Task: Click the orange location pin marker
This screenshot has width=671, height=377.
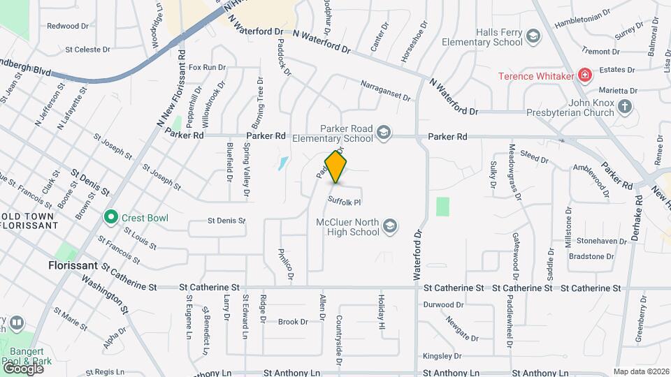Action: click(x=336, y=167)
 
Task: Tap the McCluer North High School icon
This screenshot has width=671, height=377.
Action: click(x=390, y=226)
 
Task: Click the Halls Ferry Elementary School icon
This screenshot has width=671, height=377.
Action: click(x=533, y=36)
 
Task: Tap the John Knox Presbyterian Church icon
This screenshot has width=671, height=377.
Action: click(x=625, y=106)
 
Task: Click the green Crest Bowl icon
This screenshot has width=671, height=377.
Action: click(x=110, y=218)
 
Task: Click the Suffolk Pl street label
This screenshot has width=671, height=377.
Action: click(x=345, y=202)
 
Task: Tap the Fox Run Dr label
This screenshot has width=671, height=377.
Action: click(x=207, y=68)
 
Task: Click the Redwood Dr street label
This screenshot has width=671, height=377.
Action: click(x=68, y=26)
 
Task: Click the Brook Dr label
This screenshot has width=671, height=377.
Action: click(x=293, y=322)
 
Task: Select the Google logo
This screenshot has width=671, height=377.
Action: click(x=22, y=368)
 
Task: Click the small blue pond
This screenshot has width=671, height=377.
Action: click(x=282, y=164)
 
